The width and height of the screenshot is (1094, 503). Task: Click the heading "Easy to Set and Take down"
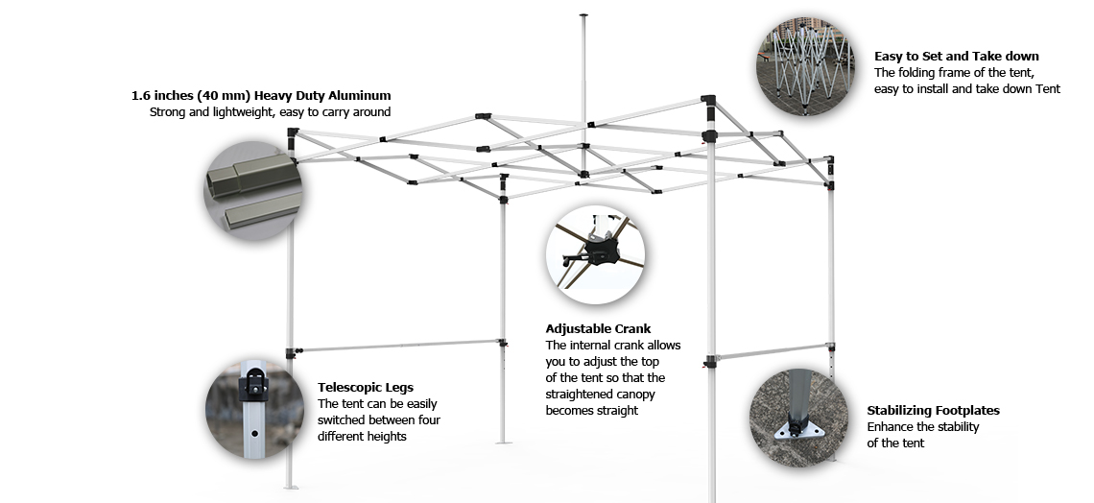957,56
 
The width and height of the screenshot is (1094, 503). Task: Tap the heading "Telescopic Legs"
366,387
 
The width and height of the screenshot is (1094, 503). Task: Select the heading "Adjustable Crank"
598,328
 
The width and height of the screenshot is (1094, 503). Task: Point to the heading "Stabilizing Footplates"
934,410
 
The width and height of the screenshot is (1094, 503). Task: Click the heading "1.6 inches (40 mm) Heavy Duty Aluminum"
261,96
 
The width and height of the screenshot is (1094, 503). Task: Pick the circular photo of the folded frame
805,66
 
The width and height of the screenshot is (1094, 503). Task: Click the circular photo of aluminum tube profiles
252,191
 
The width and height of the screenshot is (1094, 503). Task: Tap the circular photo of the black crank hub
595,254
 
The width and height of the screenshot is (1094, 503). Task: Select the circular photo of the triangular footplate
798,418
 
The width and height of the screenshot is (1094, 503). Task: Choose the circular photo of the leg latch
254,410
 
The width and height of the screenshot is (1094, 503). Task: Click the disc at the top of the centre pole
583,14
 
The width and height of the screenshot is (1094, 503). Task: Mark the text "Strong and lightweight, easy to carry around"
270,111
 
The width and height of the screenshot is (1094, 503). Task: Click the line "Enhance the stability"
923,426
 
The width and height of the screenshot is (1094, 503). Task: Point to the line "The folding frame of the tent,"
955,73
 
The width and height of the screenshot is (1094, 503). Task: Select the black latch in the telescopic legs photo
252,385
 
